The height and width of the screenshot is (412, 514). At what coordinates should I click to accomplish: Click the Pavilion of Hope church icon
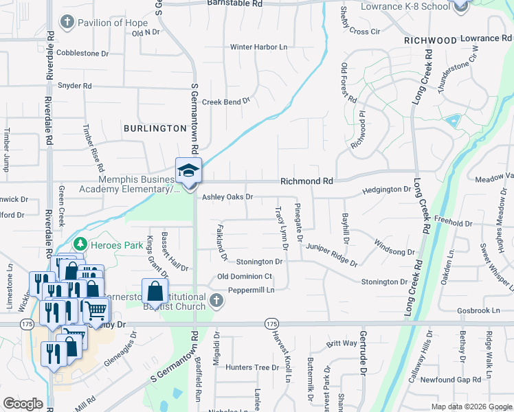click(67, 23)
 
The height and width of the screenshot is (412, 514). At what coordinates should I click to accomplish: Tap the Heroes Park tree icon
click(80, 244)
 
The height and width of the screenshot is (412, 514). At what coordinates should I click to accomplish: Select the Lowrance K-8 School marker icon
click(461, 6)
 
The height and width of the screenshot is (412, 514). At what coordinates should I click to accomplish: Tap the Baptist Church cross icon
click(216, 300)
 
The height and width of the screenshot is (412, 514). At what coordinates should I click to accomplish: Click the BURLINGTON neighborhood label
click(155, 128)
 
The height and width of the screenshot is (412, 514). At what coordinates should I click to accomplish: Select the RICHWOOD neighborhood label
click(430, 41)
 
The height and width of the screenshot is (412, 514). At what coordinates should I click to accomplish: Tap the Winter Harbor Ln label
click(258, 47)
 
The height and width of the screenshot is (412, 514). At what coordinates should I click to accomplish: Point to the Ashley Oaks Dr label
click(227, 197)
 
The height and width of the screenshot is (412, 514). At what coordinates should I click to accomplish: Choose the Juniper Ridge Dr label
click(333, 254)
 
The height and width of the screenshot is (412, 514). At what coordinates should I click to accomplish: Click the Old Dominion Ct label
click(245, 277)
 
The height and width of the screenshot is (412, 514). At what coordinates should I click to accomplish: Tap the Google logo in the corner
click(23, 404)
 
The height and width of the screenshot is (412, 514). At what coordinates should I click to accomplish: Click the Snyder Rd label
click(75, 86)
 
